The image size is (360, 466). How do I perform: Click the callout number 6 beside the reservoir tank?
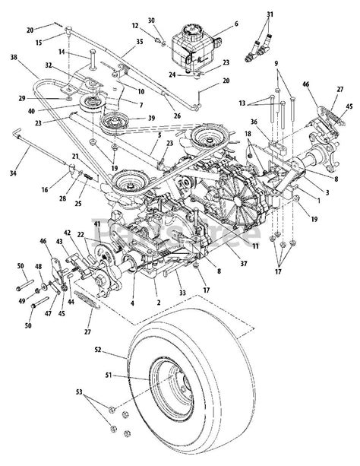tap(236, 24)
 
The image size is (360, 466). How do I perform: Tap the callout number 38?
tap(14, 58)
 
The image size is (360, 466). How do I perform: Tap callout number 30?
tap(151, 20)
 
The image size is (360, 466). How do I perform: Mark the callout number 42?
tap(68, 232)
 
